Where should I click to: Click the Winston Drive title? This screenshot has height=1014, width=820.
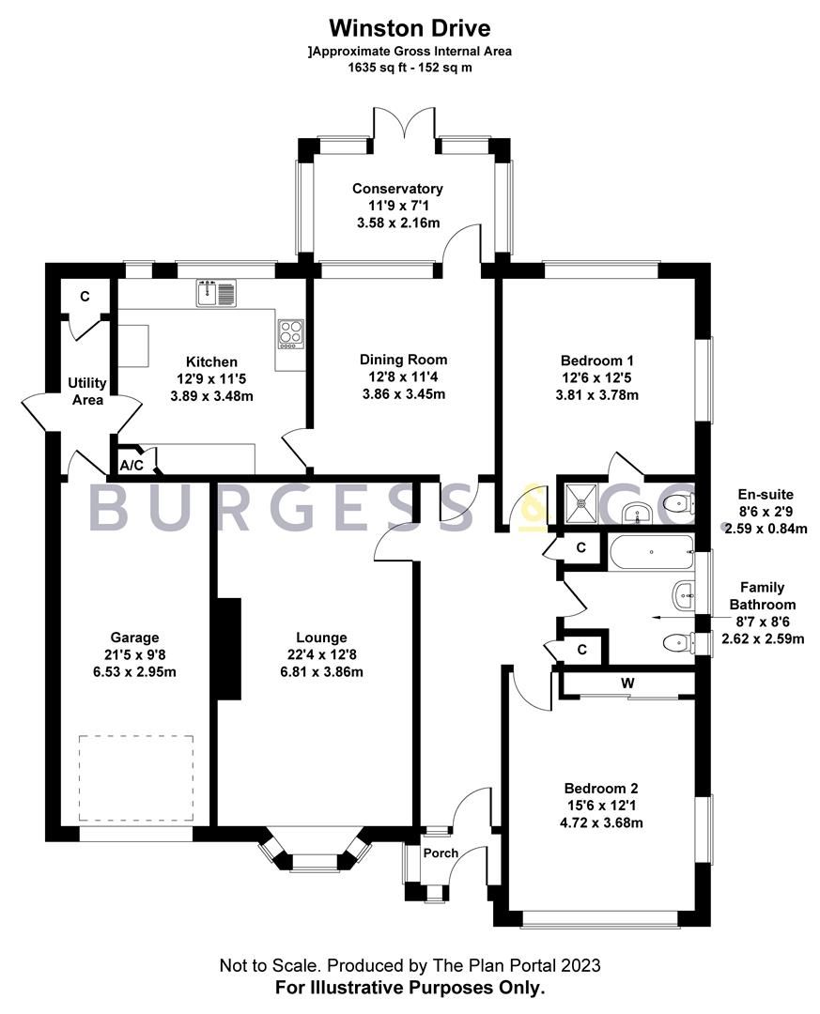click(410, 29)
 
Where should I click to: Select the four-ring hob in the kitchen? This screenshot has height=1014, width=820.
click(290, 332)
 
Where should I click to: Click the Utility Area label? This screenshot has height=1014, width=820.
click(86, 392)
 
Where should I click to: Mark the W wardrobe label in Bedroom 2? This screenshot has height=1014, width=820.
click(626, 683)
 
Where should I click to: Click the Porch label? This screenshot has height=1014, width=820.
click(441, 853)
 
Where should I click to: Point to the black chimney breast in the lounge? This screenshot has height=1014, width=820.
click(227, 649)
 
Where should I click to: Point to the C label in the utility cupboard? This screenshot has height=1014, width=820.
click(85, 297)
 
